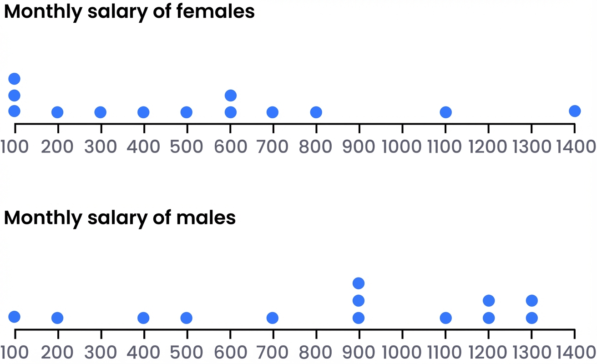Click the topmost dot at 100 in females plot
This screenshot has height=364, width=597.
pos(14,79)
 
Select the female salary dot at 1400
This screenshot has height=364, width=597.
pos(575,111)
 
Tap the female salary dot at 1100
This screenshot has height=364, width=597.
pos(445,112)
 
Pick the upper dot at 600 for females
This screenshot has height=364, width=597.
pos(231,95)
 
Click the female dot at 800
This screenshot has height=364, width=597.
pos(316,112)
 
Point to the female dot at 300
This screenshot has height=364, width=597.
pos(100,112)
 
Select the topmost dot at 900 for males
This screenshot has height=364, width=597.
pos(359,283)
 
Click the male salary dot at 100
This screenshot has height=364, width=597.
pos(14,317)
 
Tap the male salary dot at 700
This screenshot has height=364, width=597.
pos(272,318)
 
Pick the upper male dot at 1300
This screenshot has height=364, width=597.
pos(531,300)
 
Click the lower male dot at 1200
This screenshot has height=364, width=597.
pos(489,318)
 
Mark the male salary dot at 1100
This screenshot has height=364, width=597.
pos(445,318)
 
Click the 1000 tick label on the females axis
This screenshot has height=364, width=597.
pos(402,147)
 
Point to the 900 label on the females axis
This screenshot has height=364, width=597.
pos(359,147)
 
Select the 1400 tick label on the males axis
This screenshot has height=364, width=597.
pos(574,352)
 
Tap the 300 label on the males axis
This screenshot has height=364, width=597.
pos(101,352)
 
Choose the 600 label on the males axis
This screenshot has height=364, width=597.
pos(230,352)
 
